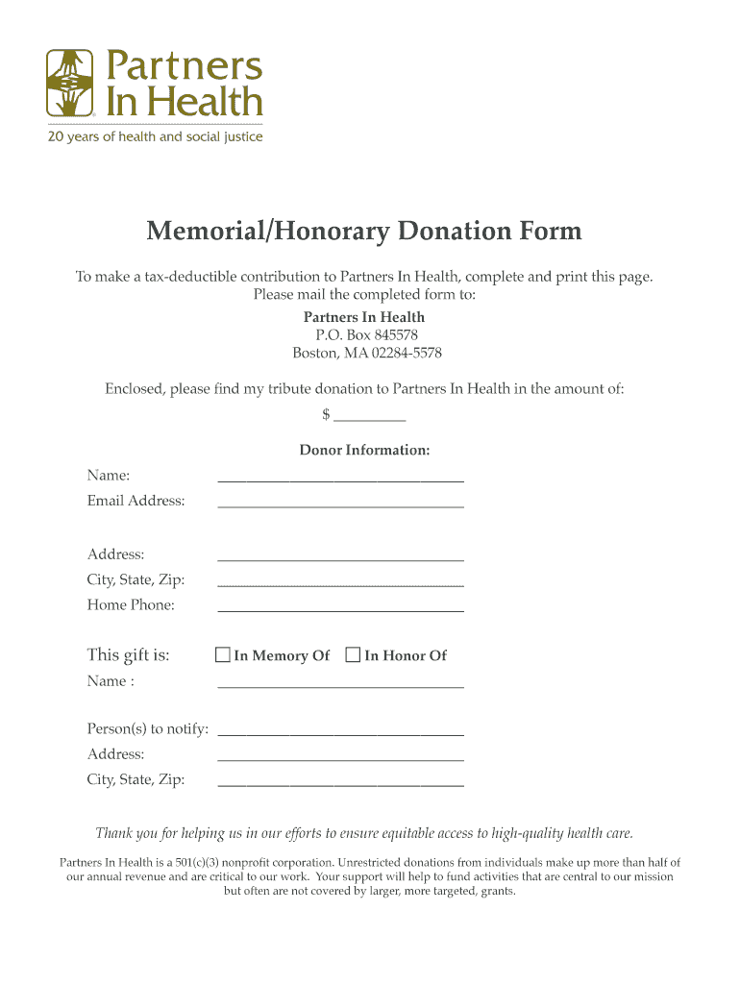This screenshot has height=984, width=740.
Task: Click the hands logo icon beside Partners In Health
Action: (70, 84)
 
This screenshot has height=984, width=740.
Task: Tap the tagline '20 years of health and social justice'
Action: (155, 137)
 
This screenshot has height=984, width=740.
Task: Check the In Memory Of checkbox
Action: (223, 655)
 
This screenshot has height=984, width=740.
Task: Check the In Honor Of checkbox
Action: (353, 655)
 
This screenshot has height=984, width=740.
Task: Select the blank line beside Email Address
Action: (340, 502)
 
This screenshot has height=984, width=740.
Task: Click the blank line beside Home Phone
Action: (340, 606)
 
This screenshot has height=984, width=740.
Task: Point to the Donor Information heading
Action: (364, 450)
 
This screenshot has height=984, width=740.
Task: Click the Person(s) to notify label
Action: (148, 729)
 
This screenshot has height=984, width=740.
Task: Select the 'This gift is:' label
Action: (129, 655)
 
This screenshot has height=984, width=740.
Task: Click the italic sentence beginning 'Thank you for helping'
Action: (364, 833)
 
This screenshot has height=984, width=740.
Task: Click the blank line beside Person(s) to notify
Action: (340, 731)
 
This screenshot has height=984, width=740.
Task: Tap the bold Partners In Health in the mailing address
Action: (364, 317)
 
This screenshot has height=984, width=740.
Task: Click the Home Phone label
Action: (131, 605)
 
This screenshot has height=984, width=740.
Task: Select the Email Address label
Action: (136, 501)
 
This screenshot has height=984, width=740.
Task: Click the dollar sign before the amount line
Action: (327, 414)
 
